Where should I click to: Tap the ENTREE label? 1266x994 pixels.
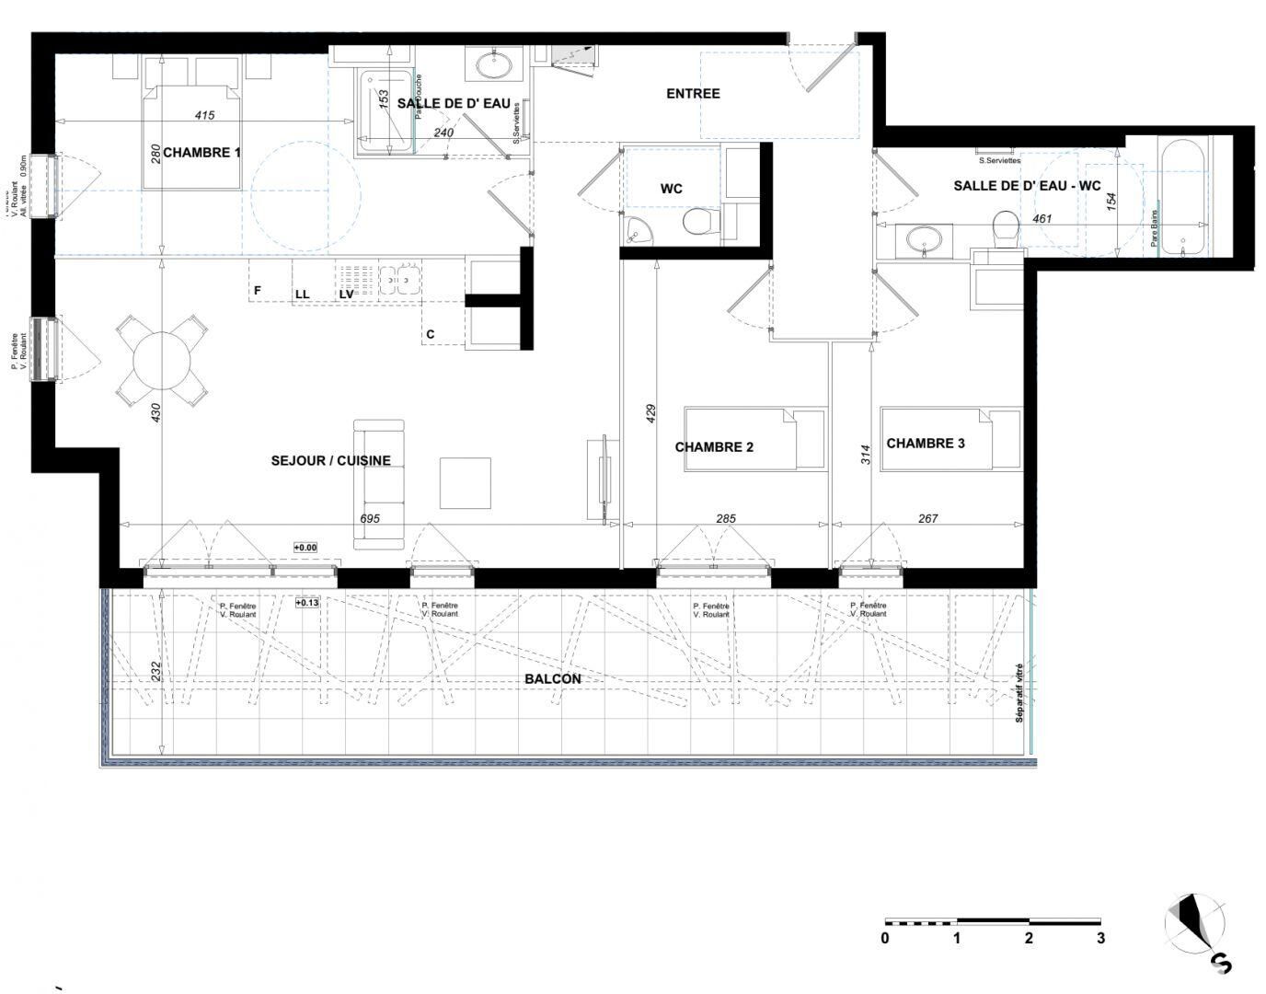pyautogui.click(x=693, y=94)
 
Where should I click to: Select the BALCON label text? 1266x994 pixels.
pyautogui.click(x=552, y=679)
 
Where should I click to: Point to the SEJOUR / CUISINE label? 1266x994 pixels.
pyautogui.click(x=330, y=461)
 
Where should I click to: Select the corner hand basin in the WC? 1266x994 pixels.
pyautogui.click(x=635, y=232)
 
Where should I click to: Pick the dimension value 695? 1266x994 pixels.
pyautogui.click(x=369, y=519)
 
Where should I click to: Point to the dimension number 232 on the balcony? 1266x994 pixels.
pyautogui.click(x=156, y=673)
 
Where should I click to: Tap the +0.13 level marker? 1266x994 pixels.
pyautogui.click(x=307, y=604)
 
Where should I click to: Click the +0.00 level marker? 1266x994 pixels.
pyautogui.click(x=305, y=548)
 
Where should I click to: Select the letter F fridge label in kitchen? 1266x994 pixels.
pyautogui.click(x=258, y=291)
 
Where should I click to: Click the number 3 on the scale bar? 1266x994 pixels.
pyautogui.click(x=1099, y=939)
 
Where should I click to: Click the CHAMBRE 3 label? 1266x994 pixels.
pyautogui.click(x=925, y=444)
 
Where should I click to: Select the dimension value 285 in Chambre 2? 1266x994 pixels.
pyautogui.click(x=725, y=519)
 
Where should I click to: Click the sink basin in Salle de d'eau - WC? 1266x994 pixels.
pyautogui.click(x=923, y=240)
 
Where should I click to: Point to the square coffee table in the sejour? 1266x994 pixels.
pyautogui.click(x=465, y=483)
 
